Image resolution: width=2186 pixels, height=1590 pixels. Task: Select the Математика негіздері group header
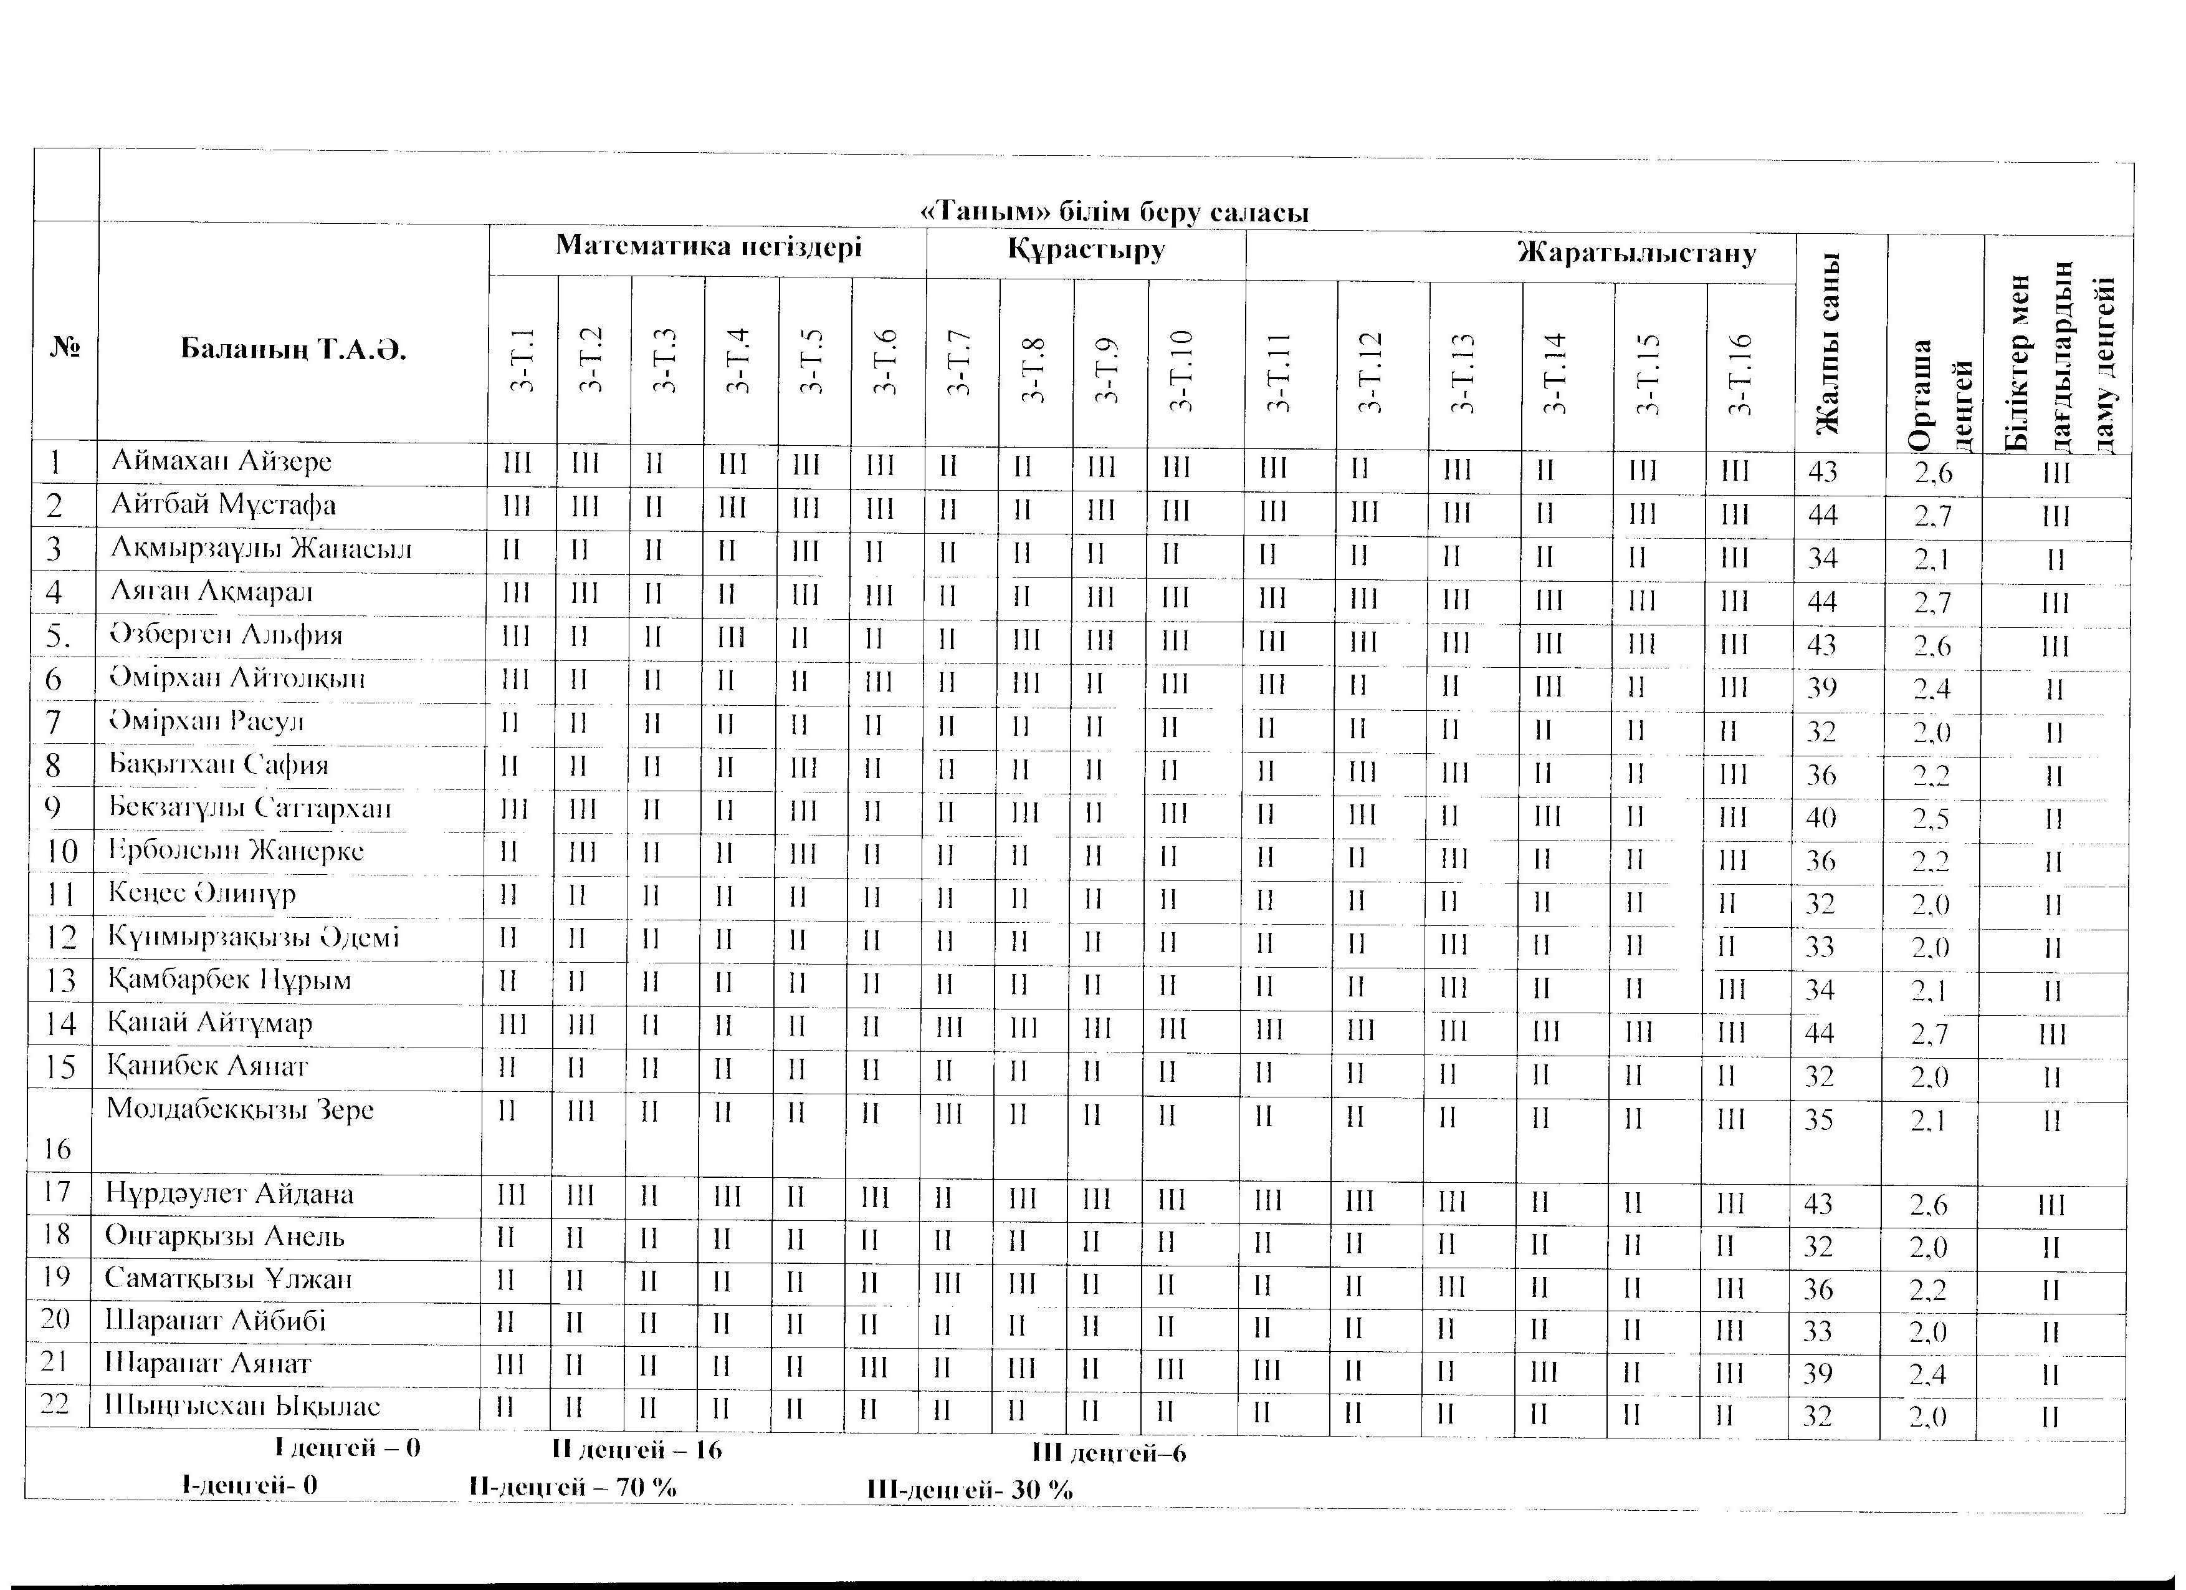click(709, 247)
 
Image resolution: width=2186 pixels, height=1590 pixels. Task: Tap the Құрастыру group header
click(1086, 250)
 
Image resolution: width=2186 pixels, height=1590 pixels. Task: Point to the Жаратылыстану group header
click(1636, 254)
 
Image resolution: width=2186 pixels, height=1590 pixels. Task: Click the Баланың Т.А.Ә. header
click(294, 349)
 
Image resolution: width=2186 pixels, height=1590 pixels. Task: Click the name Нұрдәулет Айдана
click(229, 1193)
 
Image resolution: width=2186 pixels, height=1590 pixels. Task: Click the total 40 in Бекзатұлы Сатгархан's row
click(1821, 817)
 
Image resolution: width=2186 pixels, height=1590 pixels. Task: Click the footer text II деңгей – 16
click(637, 1450)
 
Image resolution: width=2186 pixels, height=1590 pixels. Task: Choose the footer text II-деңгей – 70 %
click(573, 1487)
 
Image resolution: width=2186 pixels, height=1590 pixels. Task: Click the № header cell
click(65, 347)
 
